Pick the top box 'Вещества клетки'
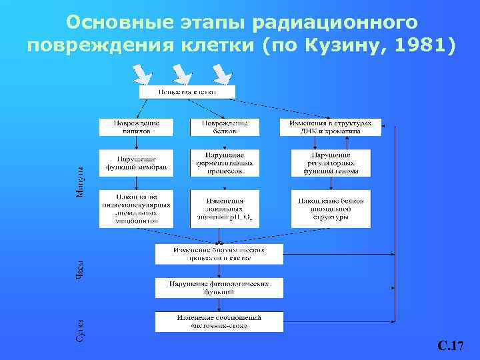pyautogui.click(x=187, y=91)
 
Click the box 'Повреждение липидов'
pyautogui.click(x=136, y=127)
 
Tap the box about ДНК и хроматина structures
pyautogui.click(x=331, y=127)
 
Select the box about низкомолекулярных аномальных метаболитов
pyautogui.click(x=136, y=208)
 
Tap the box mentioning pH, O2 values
pyautogui.click(x=224, y=208)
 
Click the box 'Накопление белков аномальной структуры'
pyautogui.click(x=331, y=208)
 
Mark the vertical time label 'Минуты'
pyautogui.click(x=79, y=181)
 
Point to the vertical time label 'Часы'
pyautogui.click(x=79, y=269)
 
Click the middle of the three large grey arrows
pyautogui.click(x=181, y=73)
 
